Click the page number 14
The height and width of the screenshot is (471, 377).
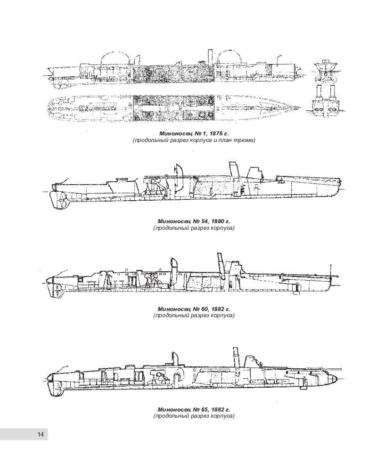[41, 435]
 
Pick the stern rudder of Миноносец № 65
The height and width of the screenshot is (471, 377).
[55, 387]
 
